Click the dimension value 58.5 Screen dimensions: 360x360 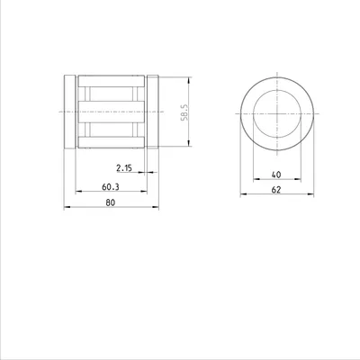coord(184,112)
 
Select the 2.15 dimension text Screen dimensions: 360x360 coord(124,168)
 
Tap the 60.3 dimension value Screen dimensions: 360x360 coord(111,187)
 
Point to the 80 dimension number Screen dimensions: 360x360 coord(111,202)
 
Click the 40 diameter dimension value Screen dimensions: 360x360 coord(276,175)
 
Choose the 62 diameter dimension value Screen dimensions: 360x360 coord(276,190)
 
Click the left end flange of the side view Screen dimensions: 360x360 coord(70,112)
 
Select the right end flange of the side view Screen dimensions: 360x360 coord(153,112)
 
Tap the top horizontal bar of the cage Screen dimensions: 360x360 coord(112,81)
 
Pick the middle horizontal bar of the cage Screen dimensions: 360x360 coord(112,112)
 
